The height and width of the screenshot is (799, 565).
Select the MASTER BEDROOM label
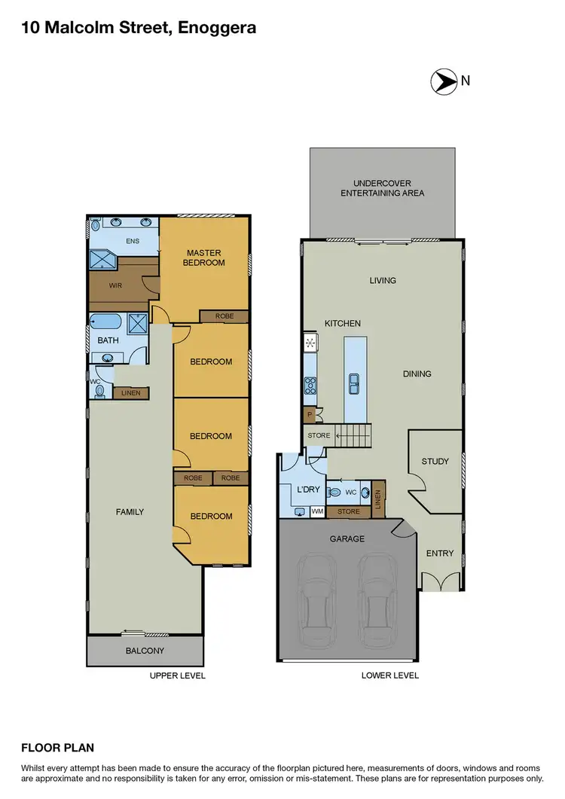205,258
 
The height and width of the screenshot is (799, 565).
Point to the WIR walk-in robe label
115,285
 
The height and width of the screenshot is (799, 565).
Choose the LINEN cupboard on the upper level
130,393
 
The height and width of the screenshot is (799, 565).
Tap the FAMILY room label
130,512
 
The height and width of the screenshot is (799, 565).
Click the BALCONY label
145,651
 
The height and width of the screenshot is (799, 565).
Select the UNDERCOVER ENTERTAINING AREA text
382,188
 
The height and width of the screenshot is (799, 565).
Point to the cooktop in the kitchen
310,386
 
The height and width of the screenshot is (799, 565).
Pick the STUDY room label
435,462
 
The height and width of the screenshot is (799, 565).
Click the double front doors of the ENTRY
439,581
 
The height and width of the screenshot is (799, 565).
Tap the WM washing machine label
317,512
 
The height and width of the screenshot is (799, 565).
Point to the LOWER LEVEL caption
389,675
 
